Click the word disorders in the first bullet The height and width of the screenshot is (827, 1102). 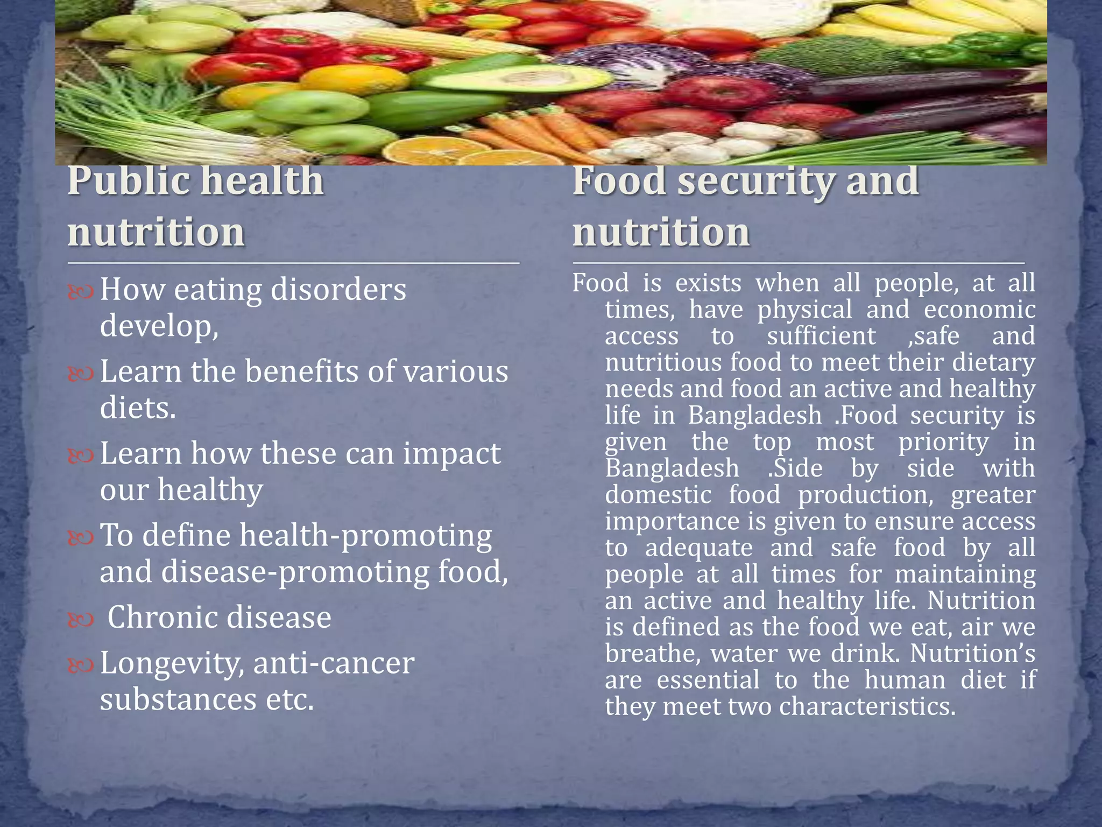(x=338, y=290)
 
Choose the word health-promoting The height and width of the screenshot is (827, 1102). (x=365, y=536)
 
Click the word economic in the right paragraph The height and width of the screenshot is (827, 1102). (x=979, y=310)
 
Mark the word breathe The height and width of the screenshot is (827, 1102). (x=652, y=653)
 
